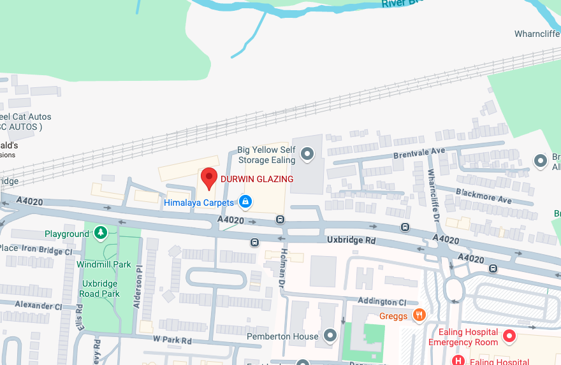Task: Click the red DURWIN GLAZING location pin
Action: (209, 178)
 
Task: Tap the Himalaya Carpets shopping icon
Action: (244, 202)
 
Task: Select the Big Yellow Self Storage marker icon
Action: (307, 154)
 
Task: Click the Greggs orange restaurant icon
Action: (419, 315)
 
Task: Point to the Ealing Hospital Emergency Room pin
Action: (509, 336)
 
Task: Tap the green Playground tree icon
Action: (100, 233)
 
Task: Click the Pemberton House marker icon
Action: (330, 335)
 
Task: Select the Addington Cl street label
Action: (382, 301)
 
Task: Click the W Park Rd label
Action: (173, 340)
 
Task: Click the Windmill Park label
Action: (103, 264)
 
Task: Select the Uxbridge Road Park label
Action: (99, 289)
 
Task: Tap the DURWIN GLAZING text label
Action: (257, 180)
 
